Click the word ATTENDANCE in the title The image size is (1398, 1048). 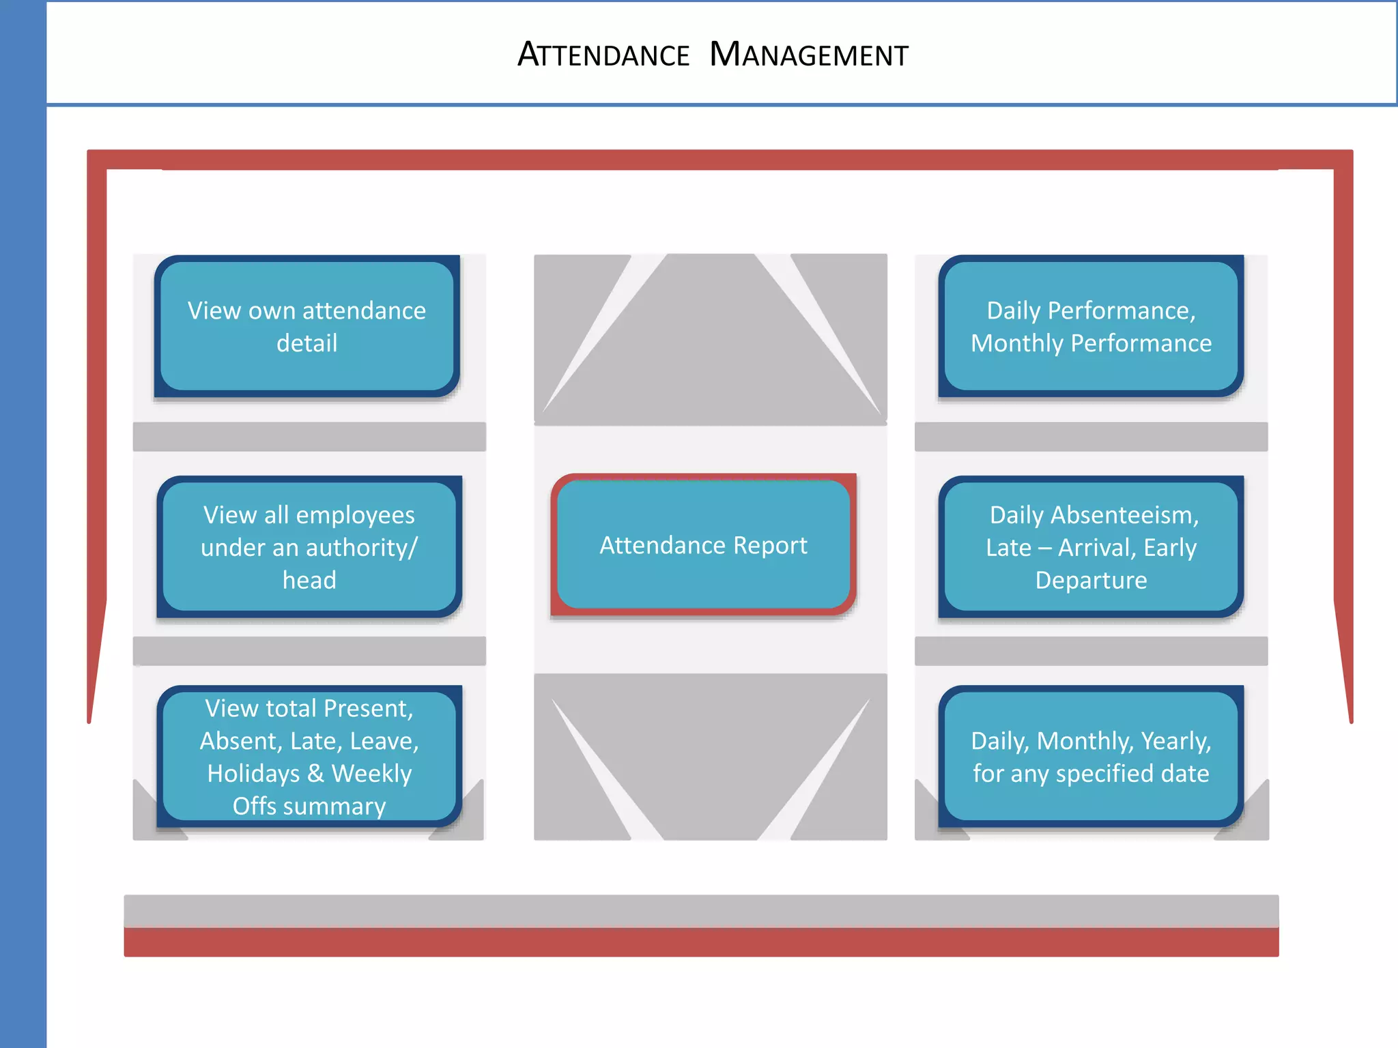(x=603, y=55)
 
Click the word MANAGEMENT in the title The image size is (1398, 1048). (x=809, y=55)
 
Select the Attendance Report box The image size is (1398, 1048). (x=703, y=544)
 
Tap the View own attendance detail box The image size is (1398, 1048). (x=306, y=326)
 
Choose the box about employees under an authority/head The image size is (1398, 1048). (x=309, y=547)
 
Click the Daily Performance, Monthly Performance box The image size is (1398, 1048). (x=1091, y=326)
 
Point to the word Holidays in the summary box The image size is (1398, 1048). (x=253, y=774)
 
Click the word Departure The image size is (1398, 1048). (x=1091, y=580)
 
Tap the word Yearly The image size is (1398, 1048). (x=1175, y=741)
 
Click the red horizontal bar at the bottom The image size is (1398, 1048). (x=701, y=942)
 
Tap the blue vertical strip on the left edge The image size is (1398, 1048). (x=23, y=546)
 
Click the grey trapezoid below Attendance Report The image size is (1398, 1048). (x=710, y=757)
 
